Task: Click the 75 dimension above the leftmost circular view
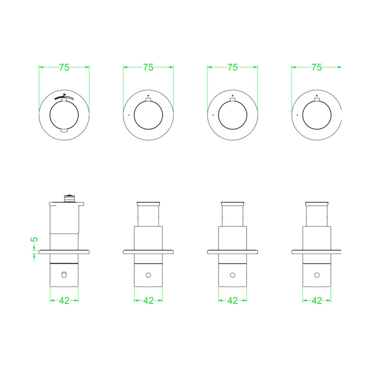click(64, 68)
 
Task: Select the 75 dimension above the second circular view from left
click(148, 68)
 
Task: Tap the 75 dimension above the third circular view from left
click(232, 68)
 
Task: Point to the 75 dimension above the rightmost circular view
click(316, 68)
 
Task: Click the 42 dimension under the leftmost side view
click(64, 301)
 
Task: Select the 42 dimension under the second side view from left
click(148, 301)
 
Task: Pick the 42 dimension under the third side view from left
click(233, 301)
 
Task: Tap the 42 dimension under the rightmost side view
click(317, 301)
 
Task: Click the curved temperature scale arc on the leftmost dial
click(65, 97)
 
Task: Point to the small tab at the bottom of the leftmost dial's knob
click(64, 130)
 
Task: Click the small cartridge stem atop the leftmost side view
click(68, 198)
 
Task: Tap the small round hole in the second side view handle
click(148, 275)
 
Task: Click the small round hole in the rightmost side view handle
click(317, 275)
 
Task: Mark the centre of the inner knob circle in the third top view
click(232, 115)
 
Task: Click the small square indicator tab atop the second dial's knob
click(148, 99)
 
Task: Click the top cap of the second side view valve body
click(148, 203)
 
